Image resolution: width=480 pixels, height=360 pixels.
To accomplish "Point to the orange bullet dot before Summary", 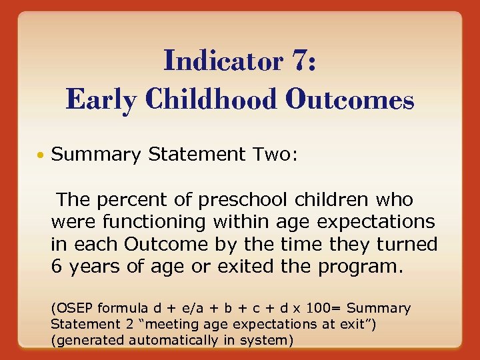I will click(42, 155).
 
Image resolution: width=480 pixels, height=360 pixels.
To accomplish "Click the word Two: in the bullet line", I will click(277, 155).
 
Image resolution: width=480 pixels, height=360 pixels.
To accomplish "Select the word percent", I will click(125, 199).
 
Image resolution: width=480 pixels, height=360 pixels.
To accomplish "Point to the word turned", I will click(407, 244).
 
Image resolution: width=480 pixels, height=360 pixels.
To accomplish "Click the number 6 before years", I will click(56, 267).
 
